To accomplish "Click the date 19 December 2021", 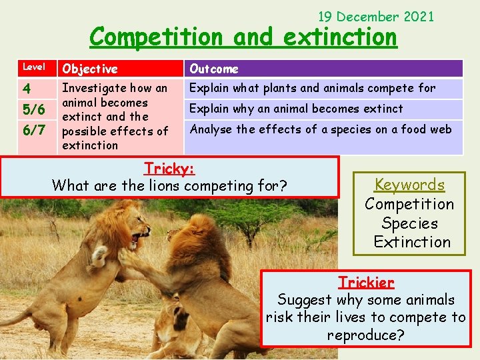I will [376, 16].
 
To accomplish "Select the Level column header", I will [34, 67].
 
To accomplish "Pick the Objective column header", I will [89, 69].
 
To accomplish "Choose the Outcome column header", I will [213, 69].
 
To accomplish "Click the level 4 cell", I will [27, 89].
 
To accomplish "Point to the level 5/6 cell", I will [34, 109].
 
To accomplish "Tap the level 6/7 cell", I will [34, 130].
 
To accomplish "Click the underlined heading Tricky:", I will [169, 169].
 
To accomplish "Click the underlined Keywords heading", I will [409, 185].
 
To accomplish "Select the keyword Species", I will [409, 223].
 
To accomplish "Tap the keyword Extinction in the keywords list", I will [412, 242].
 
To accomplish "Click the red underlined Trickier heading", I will [366, 282].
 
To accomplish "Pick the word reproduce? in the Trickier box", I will [365, 335].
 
